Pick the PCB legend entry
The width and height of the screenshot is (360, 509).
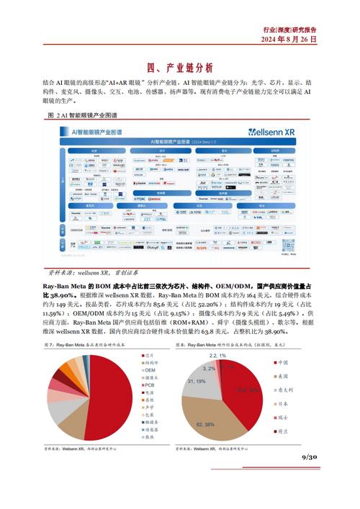click(x=150, y=384)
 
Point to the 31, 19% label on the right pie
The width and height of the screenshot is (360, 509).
click(x=197, y=381)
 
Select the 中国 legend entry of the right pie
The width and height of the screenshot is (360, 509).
click(x=283, y=362)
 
